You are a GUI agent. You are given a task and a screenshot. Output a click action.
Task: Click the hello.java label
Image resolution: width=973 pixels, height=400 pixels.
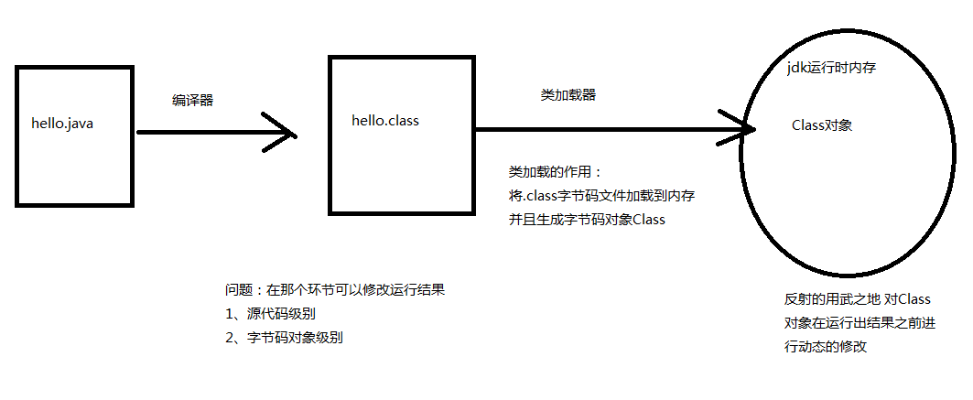click(62, 124)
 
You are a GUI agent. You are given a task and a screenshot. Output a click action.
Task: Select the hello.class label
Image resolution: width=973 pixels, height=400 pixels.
click(385, 120)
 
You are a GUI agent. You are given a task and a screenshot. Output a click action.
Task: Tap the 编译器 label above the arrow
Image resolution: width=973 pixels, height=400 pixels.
click(192, 101)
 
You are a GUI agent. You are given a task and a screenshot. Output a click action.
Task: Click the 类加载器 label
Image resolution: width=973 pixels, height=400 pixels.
click(568, 95)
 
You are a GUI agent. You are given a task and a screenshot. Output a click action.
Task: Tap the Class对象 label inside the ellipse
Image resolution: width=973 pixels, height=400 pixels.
click(822, 125)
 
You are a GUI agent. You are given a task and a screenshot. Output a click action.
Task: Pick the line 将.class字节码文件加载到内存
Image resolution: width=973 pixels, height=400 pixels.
click(601, 196)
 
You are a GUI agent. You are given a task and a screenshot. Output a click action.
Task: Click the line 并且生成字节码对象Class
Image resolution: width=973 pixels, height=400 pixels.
click(587, 220)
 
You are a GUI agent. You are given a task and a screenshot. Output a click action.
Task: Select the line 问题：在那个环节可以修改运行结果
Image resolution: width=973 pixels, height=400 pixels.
click(335, 289)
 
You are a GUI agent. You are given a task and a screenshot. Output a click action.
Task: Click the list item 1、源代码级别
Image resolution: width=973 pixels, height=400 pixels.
click(275, 314)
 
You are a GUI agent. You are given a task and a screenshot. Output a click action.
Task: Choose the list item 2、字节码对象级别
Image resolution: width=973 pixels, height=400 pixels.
click(284, 338)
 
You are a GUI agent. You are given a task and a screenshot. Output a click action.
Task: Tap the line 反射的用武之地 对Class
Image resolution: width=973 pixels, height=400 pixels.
click(858, 299)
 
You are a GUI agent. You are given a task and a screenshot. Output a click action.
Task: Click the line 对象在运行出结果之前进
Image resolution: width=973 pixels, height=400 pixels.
click(860, 323)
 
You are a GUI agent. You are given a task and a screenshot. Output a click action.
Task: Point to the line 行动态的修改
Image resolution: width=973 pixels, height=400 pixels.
click(826, 347)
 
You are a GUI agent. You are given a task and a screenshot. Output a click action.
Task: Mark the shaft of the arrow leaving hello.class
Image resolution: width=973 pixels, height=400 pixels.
click(611, 129)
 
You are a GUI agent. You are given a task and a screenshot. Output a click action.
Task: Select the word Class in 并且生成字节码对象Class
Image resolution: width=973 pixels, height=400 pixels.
click(649, 220)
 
